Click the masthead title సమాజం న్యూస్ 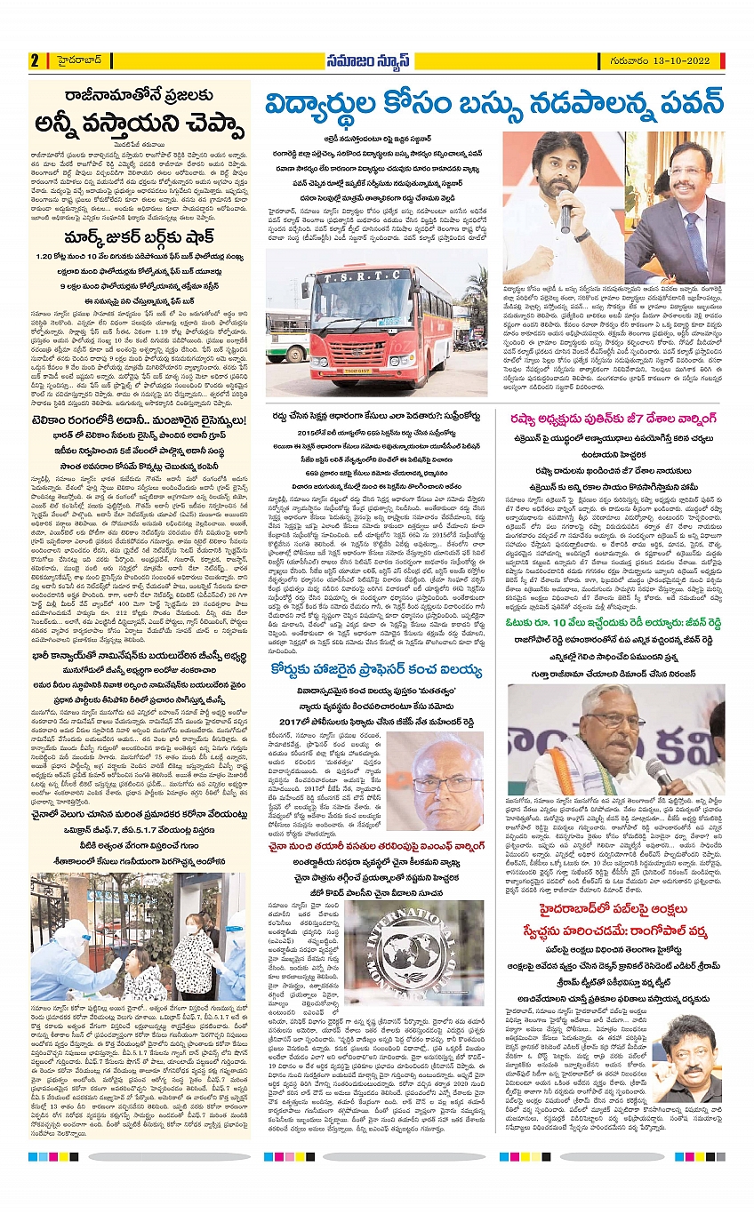click(x=376, y=60)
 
